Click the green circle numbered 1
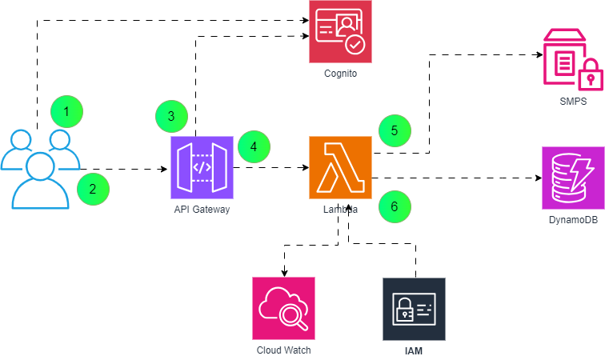pyautogui.click(x=67, y=113)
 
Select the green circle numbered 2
pyautogui.click(x=93, y=189)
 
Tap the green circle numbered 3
pyautogui.click(x=171, y=116)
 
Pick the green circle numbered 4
pyautogui.click(x=254, y=146)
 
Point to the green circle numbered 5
pyautogui.click(x=395, y=130)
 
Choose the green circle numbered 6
pyautogui.click(x=395, y=206)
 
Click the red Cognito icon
pyautogui.click(x=340, y=30)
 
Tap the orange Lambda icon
pyautogui.click(x=340, y=167)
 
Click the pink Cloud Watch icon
pyautogui.click(x=283, y=308)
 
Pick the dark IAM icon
pyautogui.click(x=414, y=308)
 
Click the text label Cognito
pyautogui.click(x=340, y=74)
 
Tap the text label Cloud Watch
pyautogui.click(x=283, y=350)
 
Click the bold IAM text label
pyautogui.click(x=414, y=350)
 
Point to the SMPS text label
pyautogui.click(x=573, y=102)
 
